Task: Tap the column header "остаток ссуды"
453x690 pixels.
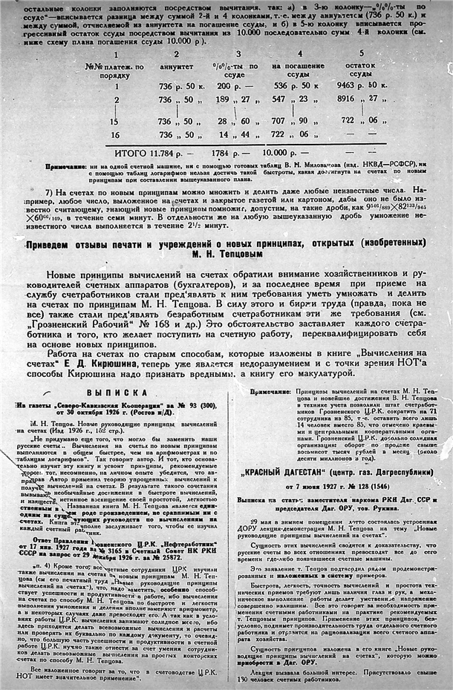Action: [361, 70]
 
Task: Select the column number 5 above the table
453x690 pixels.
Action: [362, 53]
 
